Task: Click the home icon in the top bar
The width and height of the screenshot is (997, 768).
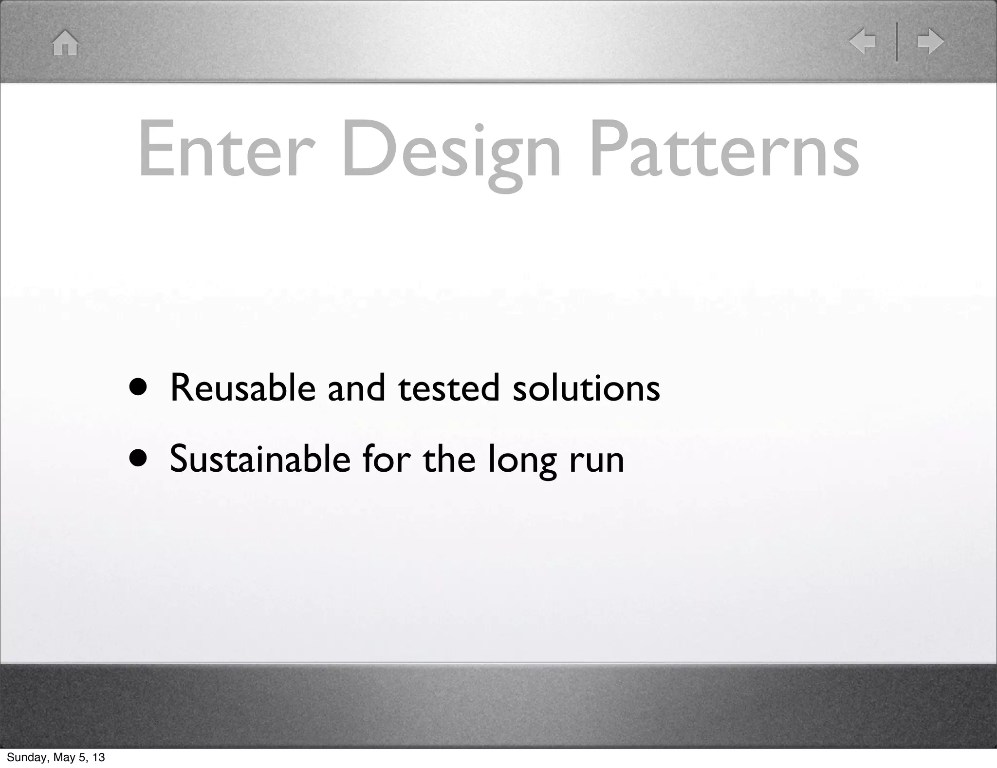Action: [65, 43]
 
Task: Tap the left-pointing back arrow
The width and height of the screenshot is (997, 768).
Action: [862, 42]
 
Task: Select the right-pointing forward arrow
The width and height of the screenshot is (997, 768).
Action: [930, 42]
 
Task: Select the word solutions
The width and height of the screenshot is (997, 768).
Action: [586, 388]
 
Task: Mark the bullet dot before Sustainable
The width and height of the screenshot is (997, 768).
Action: [138, 460]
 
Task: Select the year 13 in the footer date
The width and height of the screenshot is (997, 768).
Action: [99, 757]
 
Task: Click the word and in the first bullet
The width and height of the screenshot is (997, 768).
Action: [356, 388]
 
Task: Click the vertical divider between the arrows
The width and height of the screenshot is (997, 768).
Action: [897, 42]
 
